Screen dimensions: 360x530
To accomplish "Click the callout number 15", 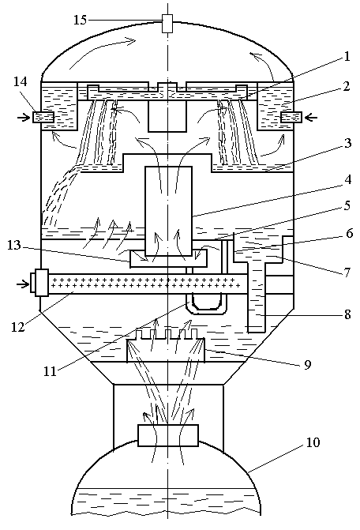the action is click(81, 20).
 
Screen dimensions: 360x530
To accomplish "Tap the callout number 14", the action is click(20, 81).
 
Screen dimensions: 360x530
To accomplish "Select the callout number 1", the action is click(347, 56).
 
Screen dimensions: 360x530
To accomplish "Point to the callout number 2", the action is click(346, 87).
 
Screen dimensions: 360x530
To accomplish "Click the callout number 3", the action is click(347, 143).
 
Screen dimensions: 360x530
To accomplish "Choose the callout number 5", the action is click(347, 205).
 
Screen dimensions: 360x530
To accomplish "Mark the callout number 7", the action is click(347, 272).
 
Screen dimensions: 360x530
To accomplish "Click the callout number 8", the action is click(347, 314).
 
